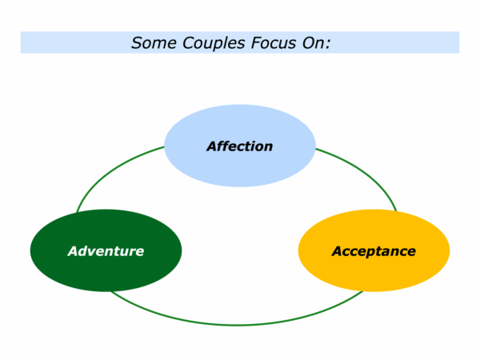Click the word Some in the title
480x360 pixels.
click(x=154, y=43)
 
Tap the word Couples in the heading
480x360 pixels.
click(x=214, y=43)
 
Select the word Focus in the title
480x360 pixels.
click(x=274, y=43)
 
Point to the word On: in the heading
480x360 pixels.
click(x=317, y=43)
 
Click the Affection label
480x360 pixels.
click(x=240, y=146)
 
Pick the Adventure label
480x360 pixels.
click(x=106, y=251)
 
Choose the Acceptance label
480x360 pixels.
click(x=374, y=252)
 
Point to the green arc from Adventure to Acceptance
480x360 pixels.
click(x=236, y=325)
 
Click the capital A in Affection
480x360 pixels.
click(x=213, y=146)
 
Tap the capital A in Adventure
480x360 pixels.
click(x=74, y=251)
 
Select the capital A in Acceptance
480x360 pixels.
click(x=338, y=251)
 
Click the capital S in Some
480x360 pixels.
click(x=137, y=43)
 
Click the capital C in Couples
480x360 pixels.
click(x=189, y=43)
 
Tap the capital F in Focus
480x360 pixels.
click(x=256, y=43)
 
